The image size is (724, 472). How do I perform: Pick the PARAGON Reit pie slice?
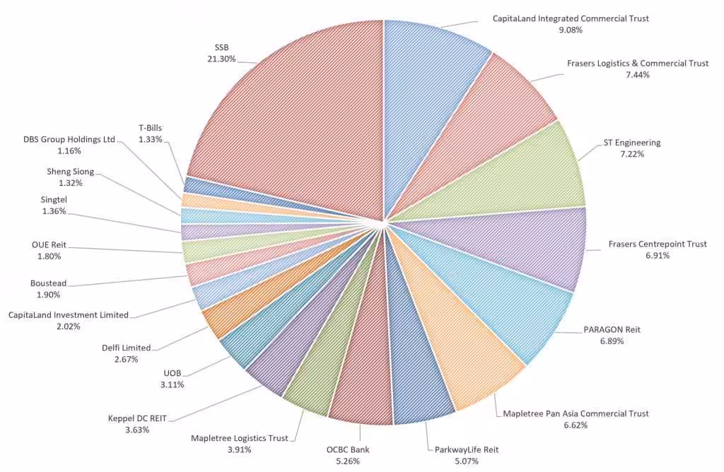[516, 304]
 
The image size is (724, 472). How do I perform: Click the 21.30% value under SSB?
[221, 59]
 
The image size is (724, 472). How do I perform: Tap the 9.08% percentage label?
[570, 30]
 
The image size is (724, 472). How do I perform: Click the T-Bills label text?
[150, 128]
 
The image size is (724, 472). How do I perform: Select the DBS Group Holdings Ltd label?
[69, 139]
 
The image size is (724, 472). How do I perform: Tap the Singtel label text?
[54, 200]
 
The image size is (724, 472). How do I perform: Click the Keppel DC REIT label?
[137, 418]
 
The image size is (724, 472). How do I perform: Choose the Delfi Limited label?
[127, 348]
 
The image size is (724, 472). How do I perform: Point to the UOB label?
[173, 373]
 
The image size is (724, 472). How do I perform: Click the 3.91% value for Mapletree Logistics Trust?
[239, 449]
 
